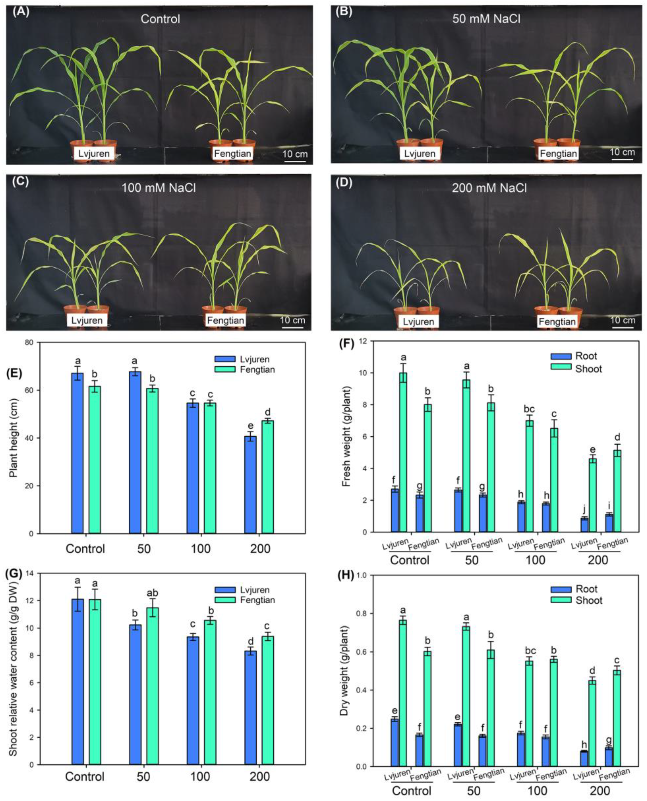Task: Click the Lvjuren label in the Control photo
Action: [x=94, y=153]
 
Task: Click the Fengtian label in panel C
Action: [x=226, y=320]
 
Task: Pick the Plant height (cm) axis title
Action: [x=13, y=438]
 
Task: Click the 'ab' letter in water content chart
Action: [x=152, y=593]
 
